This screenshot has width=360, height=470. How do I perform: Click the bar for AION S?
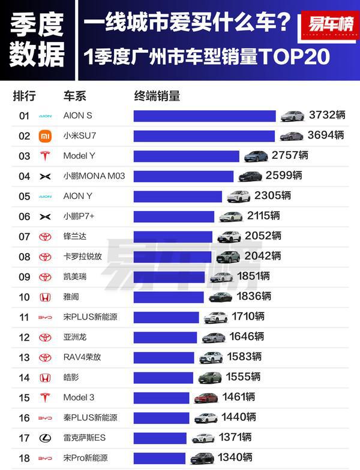(204, 116)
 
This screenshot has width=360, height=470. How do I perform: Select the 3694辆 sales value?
(326, 135)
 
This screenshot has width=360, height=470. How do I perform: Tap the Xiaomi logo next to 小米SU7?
(45, 136)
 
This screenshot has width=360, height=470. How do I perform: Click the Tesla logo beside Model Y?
(45, 156)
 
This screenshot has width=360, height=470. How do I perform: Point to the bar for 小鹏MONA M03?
(183, 176)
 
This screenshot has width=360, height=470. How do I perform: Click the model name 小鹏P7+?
(80, 216)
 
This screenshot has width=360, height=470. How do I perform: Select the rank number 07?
(24, 236)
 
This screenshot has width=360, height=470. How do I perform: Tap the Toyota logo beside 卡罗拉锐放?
(45, 257)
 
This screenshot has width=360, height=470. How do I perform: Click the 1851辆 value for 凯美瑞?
(253, 276)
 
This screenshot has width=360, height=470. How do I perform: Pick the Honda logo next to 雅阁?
(45, 297)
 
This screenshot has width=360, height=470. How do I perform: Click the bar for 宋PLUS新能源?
(166, 317)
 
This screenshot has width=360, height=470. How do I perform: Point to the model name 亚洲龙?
(75, 337)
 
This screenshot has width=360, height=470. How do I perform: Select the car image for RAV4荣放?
(211, 357)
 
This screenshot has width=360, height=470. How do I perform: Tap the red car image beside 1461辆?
(205, 397)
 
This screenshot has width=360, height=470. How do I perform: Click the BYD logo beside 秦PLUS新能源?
(45, 418)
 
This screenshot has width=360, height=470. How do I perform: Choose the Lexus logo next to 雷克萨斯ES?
(45, 438)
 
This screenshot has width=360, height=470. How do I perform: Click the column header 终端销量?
(157, 96)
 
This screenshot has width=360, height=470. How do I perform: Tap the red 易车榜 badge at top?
(330, 25)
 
